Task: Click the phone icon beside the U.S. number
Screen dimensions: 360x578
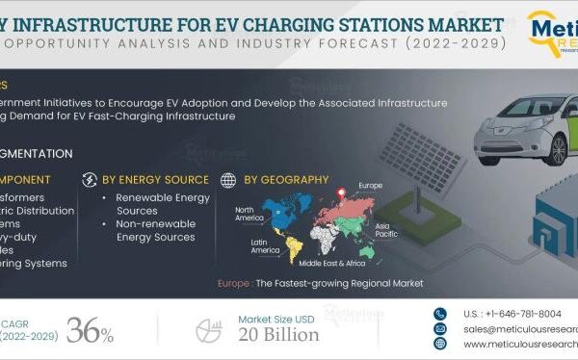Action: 440,313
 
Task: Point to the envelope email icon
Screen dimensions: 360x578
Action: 440,328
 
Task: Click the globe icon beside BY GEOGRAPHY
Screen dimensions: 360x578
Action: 228,179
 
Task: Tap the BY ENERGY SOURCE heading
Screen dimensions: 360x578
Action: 155,179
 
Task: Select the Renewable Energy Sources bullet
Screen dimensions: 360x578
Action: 153,203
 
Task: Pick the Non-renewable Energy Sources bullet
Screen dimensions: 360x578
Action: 153,230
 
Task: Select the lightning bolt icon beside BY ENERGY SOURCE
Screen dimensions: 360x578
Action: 90,179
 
